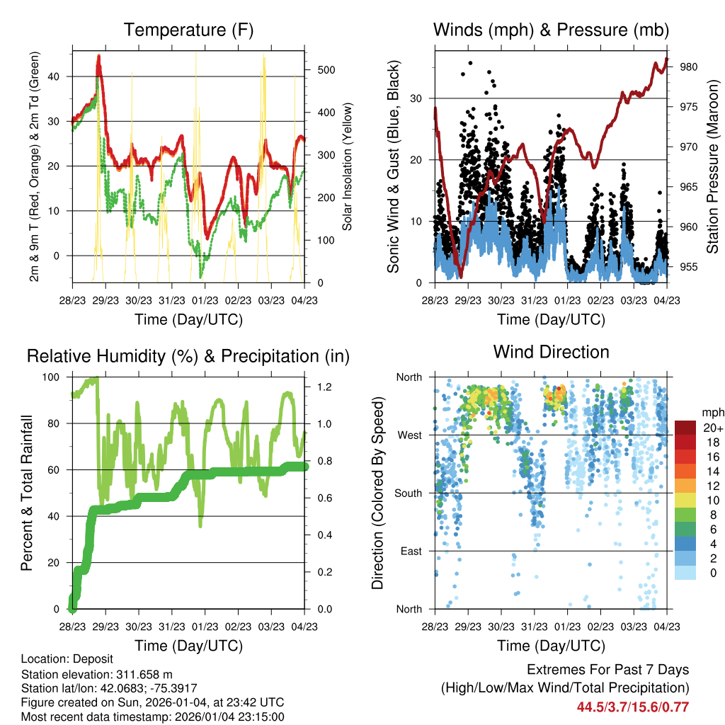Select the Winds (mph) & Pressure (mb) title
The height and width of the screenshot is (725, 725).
pyautogui.click(x=551, y=30)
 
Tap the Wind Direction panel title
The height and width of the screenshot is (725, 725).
pyautogui.click(x=551, y=352)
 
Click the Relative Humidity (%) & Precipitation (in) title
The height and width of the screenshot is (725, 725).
pyautogui.click(x=188, y=356)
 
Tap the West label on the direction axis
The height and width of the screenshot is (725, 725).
pyautogui.click(x=410, y=435)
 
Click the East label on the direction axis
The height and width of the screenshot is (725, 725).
pyautogui.click(x=411, y=551)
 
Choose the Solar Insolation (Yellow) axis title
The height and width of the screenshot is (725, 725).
pyautogui.click(x=347, y=166)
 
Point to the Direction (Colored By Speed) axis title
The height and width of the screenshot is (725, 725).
pyautogui.click(x=377, y=493)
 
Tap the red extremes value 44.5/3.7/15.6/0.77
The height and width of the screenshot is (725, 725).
pyautogui.click(x=632, y=707)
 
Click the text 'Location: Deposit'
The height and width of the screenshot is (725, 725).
pyautogui.click(x=67, y=659)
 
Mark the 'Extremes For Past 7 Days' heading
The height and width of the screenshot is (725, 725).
pyautogui.click(x=607, y=670)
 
